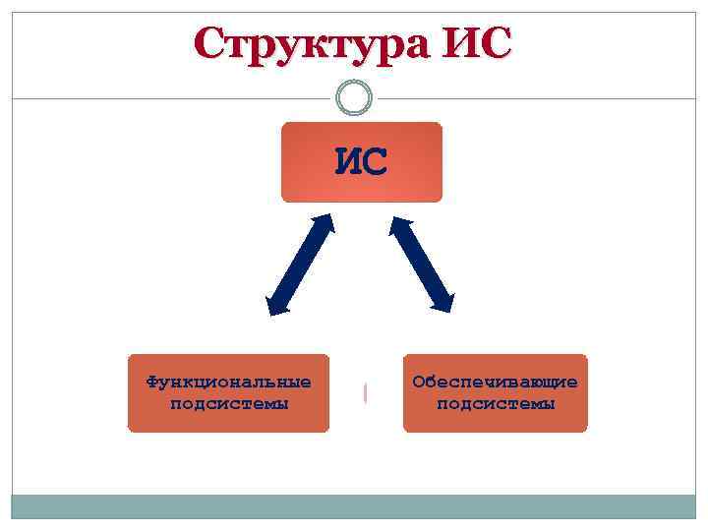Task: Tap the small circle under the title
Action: pos(354,97)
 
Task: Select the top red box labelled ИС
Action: pos(362,162)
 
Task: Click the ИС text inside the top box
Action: pos(361,159)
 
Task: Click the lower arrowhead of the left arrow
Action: pos(276,303)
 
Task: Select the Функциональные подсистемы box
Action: pos(228,393)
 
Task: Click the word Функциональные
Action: pos(228,382)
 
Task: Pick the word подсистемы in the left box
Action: pos(229,403)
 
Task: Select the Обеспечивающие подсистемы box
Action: pos(495,393)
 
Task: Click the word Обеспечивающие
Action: pos(496,382)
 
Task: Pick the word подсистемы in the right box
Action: pos(496,403)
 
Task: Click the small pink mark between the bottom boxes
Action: pos(366,392)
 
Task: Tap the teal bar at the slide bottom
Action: pos(354,505)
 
